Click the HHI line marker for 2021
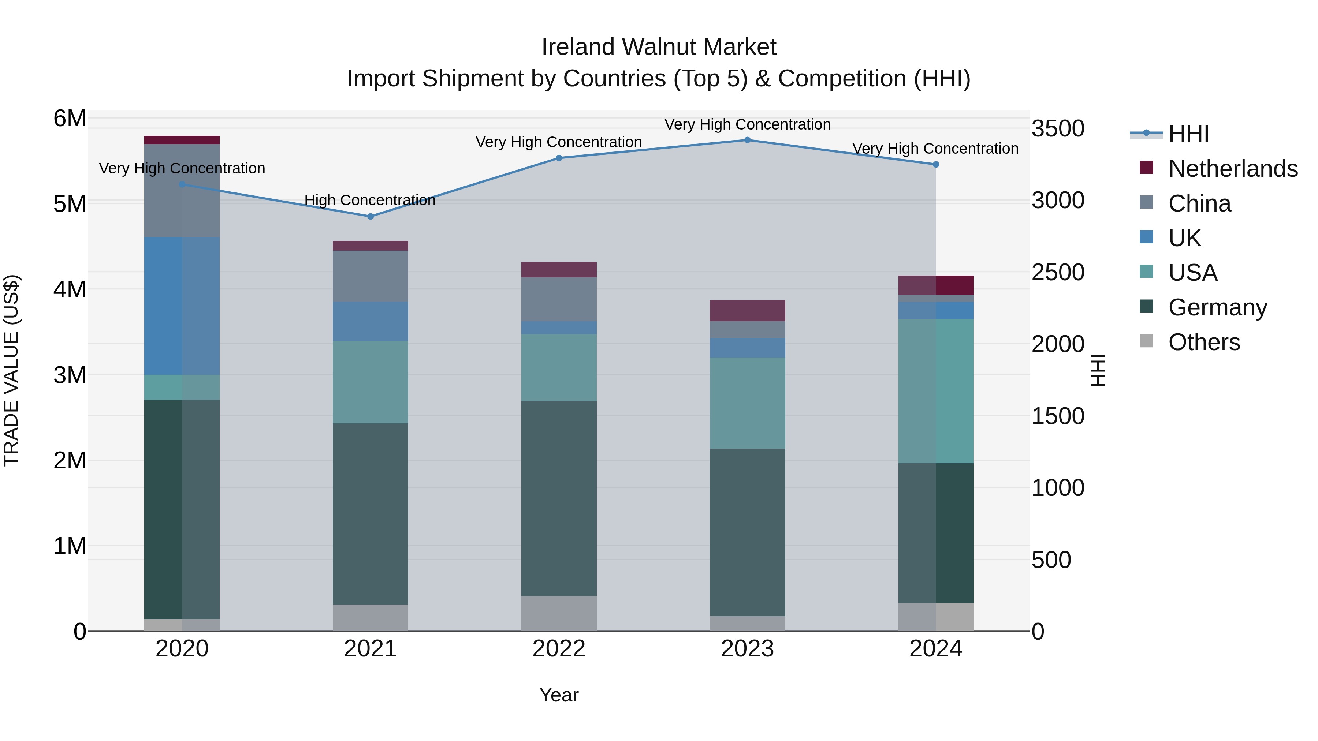(x=371, y=216)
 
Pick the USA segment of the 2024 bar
(x=936, y=391)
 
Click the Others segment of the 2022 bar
(x=559, y=613)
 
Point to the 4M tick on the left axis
(x=70, y=289)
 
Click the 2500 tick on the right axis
(x=1058, y=272)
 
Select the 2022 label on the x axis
(x=559, y=649)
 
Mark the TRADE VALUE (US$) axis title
(x=11, y=370)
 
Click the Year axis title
(x=559, y=695)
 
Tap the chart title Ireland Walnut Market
(x=659, y=47)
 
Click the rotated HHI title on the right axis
(x=1098, y=370)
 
